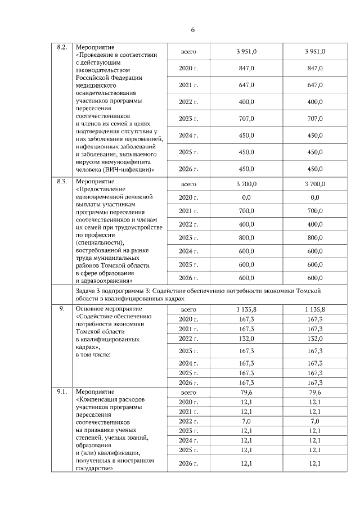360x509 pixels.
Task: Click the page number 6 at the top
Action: tap(192, 29)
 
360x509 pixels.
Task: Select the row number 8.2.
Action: tap(62, 48)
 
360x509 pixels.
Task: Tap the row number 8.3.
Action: tap(62, 182)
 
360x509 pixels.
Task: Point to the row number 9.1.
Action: tap(62, 391)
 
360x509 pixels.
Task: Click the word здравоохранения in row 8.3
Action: tap(106, 280)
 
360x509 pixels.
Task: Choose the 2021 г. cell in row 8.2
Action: tap(188, 85)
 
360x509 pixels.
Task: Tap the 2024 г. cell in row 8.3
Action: tap(188, 251)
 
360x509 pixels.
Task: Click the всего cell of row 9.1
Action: tap(188, 393)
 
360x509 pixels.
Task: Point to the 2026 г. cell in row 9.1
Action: tap(188, 463)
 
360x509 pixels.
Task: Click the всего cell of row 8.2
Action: tap(188, 52)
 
